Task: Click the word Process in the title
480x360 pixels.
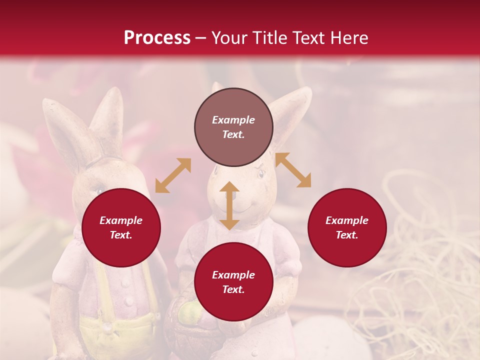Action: (157, 38)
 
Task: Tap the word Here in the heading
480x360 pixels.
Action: (349, 38)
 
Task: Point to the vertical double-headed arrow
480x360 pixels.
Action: (229, 205)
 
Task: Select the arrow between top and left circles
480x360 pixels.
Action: (173, 175)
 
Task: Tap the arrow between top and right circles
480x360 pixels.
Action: (293, 170)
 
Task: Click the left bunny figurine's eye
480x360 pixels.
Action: (99, 190)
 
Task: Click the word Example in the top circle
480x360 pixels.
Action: (233, 120)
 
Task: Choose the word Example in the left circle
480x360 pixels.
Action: (121, 220)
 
